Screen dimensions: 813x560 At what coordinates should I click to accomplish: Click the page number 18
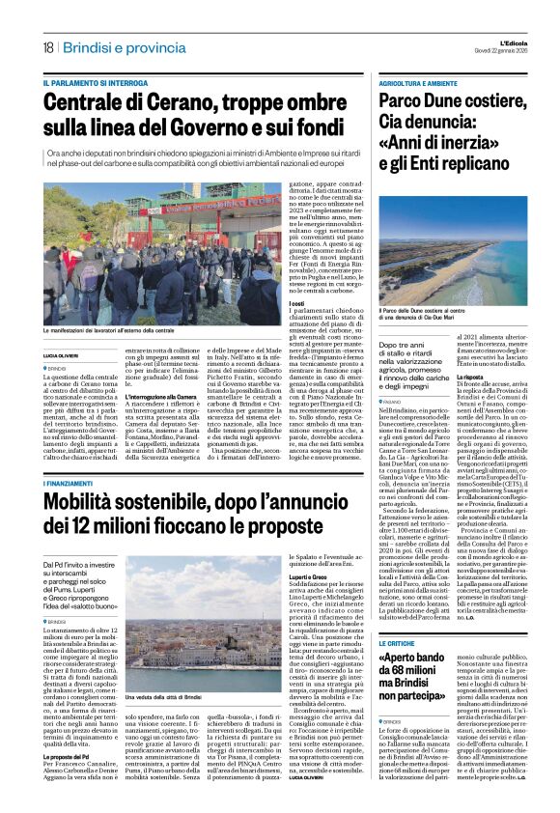click(x=47, y=46)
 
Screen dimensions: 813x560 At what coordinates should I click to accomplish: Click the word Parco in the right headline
click(x=406, y=102)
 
